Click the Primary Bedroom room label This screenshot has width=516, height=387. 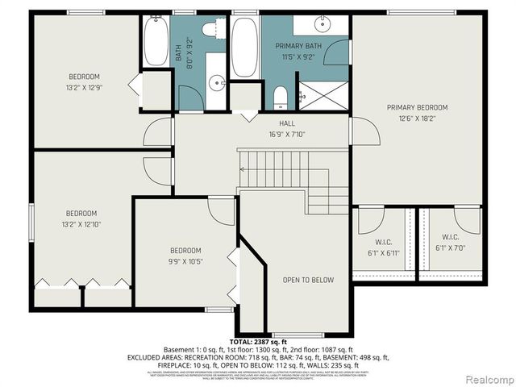point(417,107)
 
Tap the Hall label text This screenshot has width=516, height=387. point(264,123)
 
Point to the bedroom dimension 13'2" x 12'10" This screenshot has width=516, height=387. point(85,223)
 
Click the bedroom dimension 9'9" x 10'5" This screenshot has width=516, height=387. point(185,261)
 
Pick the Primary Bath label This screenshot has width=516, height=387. point(298,47)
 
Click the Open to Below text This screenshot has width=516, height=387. point(297,280)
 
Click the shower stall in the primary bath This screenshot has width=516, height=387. point(323,94)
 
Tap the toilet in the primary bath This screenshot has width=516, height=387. point(280,97)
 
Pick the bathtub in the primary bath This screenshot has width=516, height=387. point(244,45)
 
